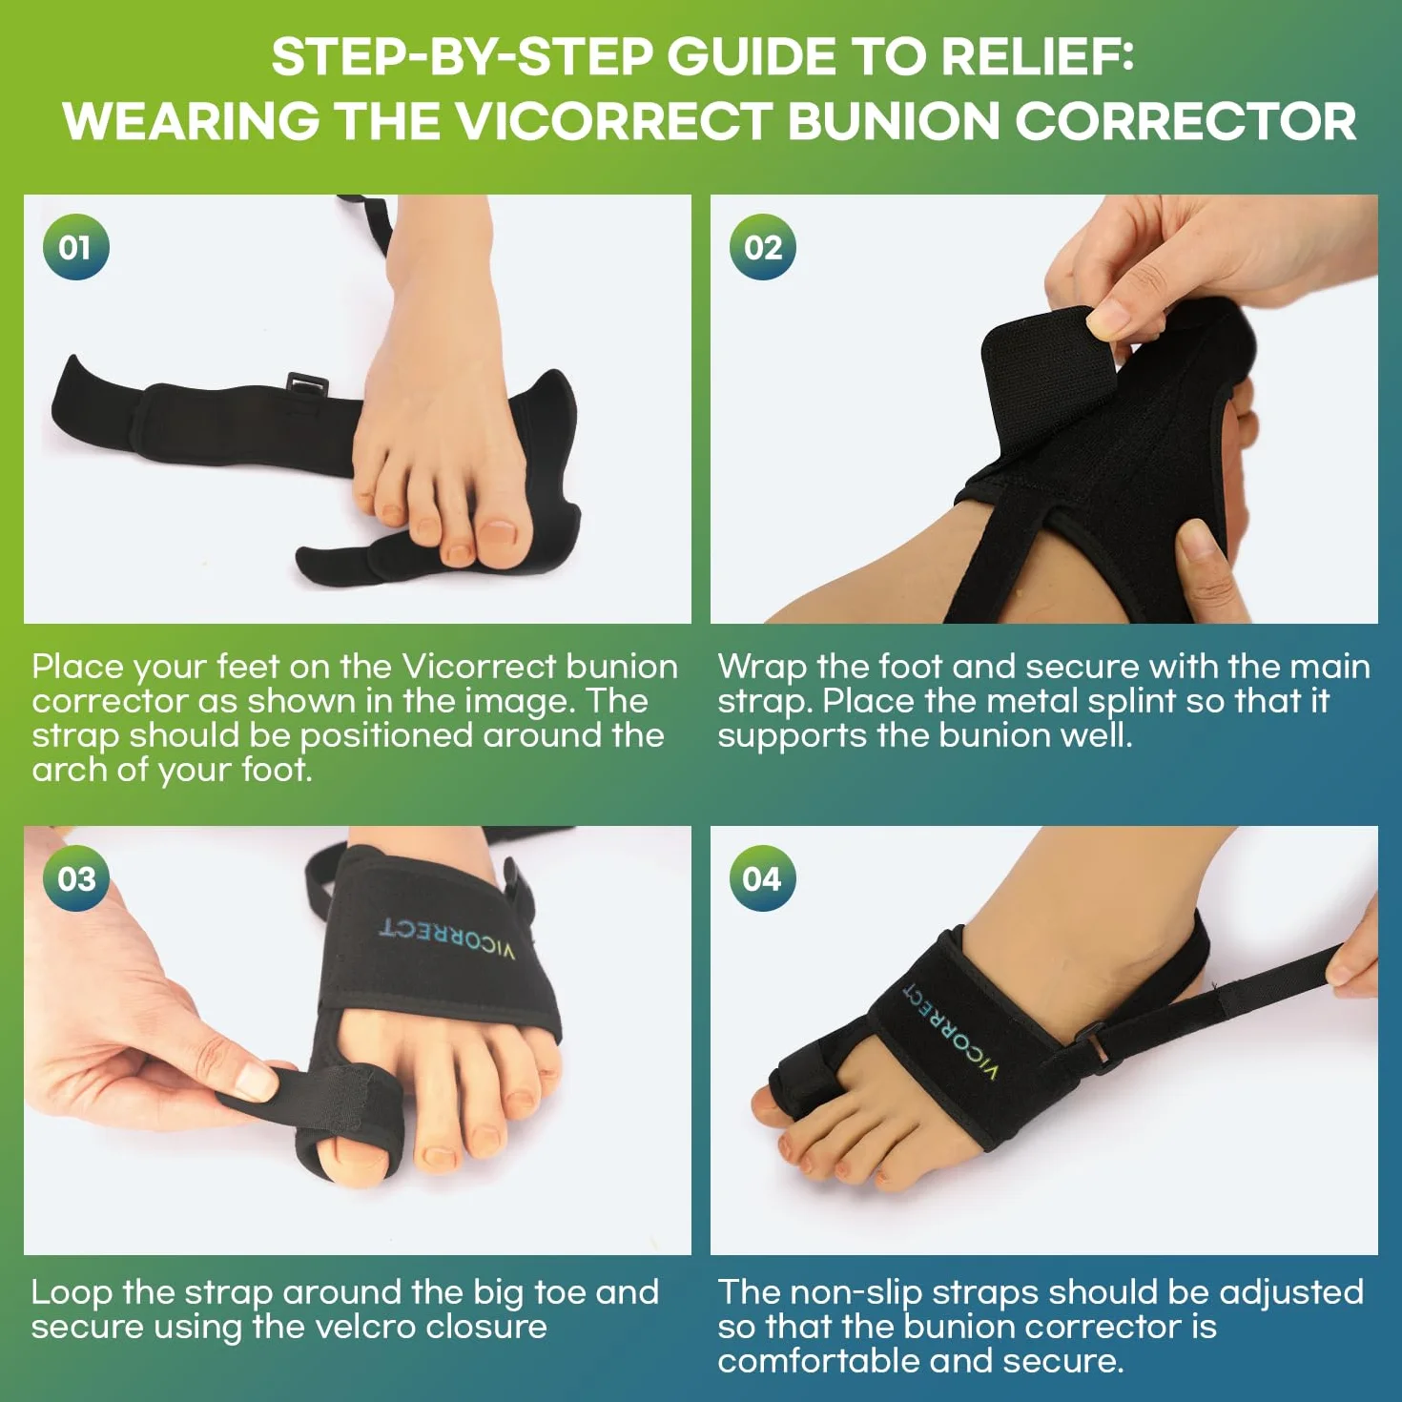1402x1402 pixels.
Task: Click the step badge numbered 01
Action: pyautogui.click(x=75, y=247)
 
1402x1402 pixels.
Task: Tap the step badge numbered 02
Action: pyautogui.click(x=762, y=247)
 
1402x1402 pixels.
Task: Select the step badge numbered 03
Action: pyautogui.click(x=75, y=879)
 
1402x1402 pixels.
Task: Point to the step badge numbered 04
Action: pyautogui.click(x=762, y=879)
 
